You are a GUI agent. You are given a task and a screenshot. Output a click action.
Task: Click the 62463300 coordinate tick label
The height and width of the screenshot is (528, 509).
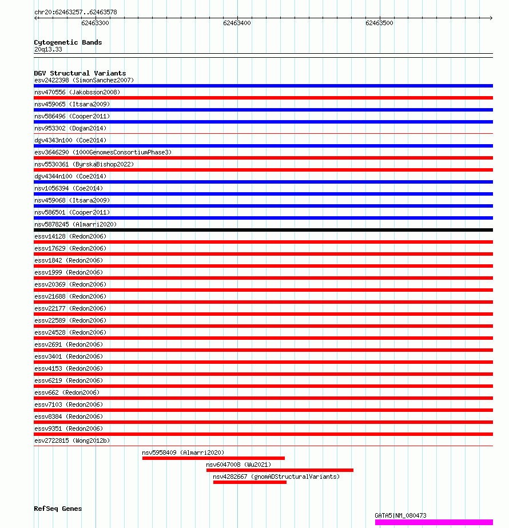click(95, 23)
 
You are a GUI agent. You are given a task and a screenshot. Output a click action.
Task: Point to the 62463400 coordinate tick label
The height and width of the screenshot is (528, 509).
click(237, 23)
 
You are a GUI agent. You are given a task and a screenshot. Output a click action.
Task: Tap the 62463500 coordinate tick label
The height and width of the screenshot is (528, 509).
click(379, 23)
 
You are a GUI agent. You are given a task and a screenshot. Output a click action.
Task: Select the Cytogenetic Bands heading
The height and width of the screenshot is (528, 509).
click(67, 42)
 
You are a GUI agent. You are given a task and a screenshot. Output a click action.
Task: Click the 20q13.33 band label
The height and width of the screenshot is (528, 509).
click(48, 49)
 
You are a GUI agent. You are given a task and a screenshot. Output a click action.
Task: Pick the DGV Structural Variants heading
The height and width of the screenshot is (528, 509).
click(79, 73)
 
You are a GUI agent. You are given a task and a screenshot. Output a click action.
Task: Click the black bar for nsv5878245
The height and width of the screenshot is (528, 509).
click(263, 230)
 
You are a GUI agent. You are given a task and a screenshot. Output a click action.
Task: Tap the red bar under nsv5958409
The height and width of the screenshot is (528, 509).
click(213, 458)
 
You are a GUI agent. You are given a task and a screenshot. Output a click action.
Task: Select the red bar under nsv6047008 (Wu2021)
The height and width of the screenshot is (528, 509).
click(280, 470)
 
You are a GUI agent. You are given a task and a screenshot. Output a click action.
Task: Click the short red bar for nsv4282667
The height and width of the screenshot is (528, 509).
click(249, 482)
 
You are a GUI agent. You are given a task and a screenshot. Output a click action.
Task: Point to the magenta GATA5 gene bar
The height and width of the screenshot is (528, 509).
click(434, 522)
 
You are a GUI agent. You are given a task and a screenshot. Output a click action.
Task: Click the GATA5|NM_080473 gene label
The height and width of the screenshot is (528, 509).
click(400, 515)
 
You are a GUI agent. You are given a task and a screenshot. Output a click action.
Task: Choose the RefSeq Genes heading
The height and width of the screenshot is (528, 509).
click(58, 509)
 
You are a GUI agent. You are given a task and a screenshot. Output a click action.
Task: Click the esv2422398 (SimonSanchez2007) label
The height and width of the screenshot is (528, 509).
click(84, 80)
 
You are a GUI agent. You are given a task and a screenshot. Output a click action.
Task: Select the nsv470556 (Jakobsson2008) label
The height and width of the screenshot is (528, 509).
click(77, 92)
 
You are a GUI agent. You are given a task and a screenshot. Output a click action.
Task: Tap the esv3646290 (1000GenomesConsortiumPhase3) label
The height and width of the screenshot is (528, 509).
click(102, 152)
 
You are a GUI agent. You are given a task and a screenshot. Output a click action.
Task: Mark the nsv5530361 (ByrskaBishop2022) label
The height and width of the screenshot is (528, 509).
click(83, 164)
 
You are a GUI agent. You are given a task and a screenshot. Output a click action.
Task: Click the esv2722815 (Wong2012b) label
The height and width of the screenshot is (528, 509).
click(72, 440)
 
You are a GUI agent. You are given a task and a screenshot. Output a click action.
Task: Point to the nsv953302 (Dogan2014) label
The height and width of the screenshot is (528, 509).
click(70, 128)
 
